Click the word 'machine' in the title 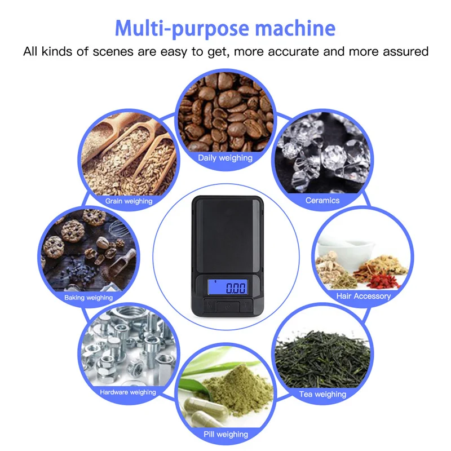(x=295, y=28)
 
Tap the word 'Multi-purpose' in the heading (x=182, y=29)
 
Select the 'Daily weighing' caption (x=225, y=158)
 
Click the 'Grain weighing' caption (x=129, y=201)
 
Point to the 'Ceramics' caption (x=322, y=200)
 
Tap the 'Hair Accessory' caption (x=364, y=296)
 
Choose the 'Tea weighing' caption (x=322, y=394)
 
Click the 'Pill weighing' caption (x=226, y=434)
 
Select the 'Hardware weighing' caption (x=128, y=392)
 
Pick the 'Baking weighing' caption (x=89, y=298)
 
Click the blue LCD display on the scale (x=228, y=287)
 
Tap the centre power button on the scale (x=228, y=307)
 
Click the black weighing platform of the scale (x=227, y=235)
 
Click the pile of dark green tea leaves (x=322, y=359)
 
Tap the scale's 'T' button (x=246, y=306)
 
